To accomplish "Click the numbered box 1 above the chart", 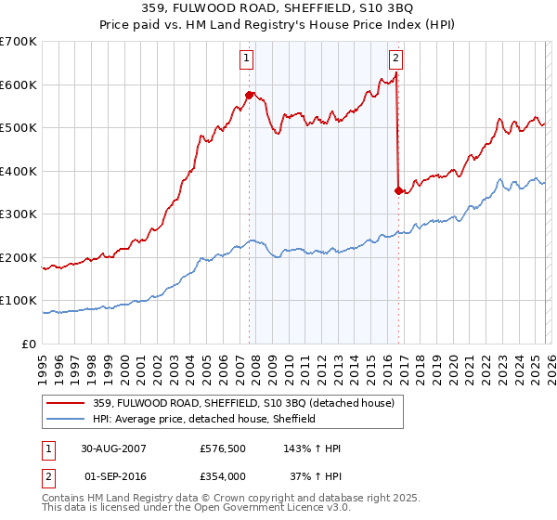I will (248, 58).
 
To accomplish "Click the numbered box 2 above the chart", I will (396, 58).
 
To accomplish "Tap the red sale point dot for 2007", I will (249, 95).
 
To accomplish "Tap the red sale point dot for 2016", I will (398, 190).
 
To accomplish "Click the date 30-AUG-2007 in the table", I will (113, 448).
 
